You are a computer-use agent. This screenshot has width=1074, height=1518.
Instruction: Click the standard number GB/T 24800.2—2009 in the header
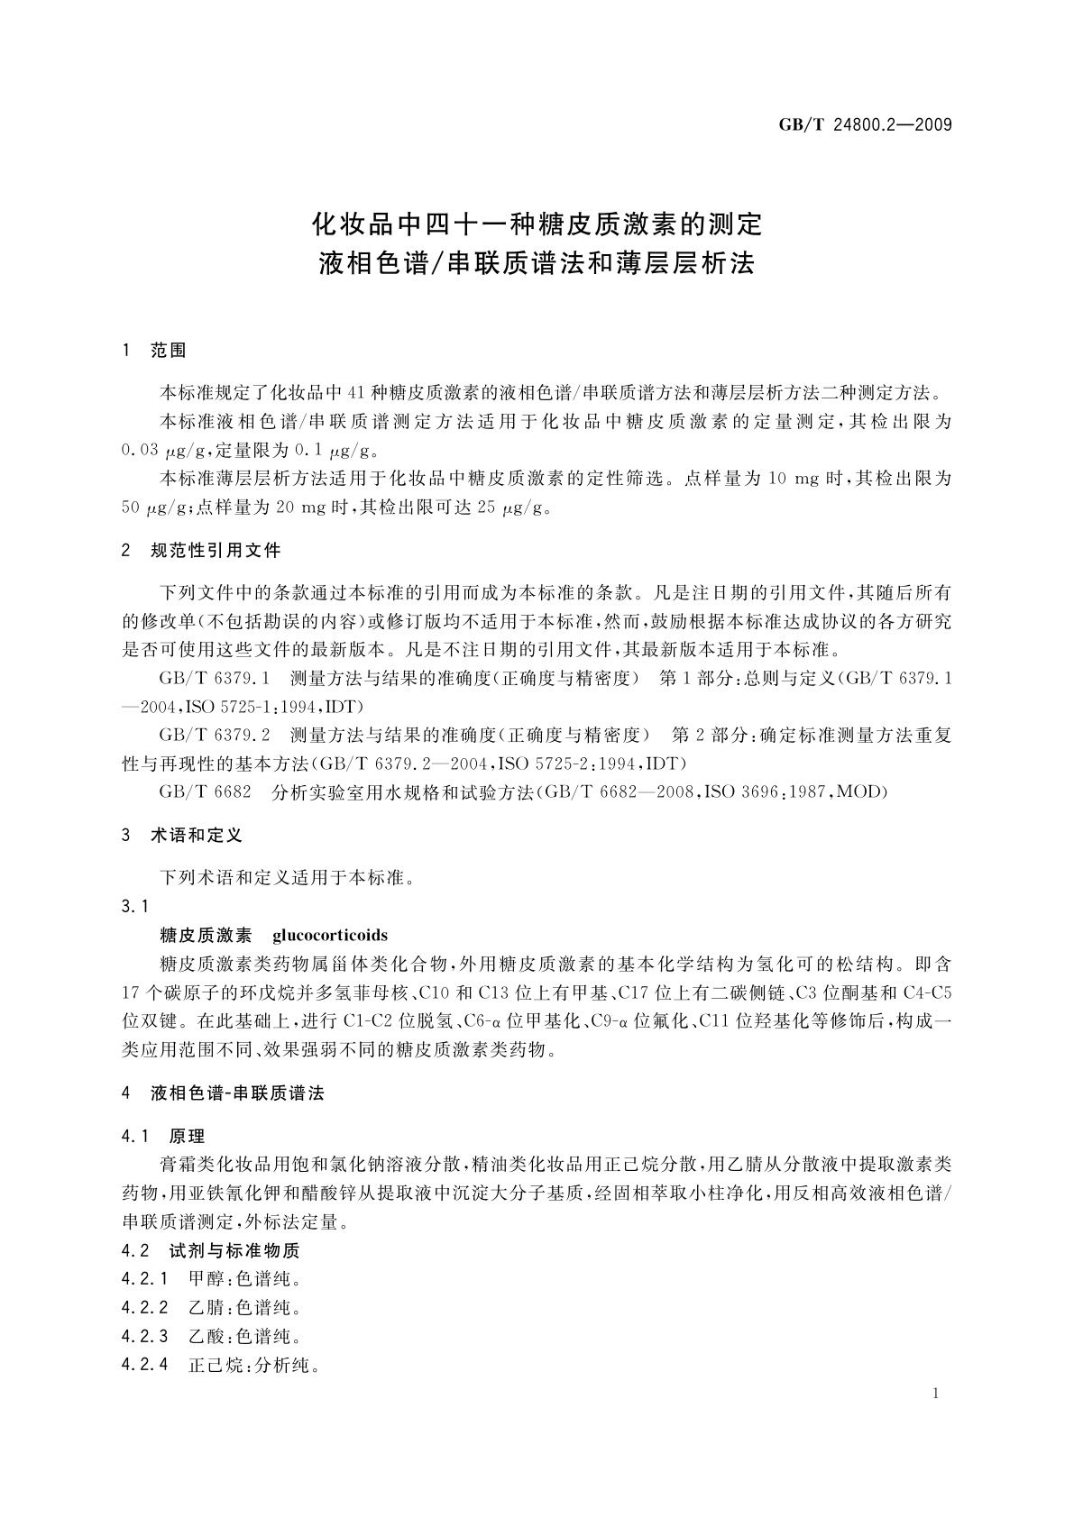coord(865,124)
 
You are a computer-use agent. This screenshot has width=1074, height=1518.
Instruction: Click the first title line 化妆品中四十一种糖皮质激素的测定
coord(537,221)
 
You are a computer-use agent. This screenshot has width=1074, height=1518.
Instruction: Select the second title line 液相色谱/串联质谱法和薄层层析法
coord(537,264)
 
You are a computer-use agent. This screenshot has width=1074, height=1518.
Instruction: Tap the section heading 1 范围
coord(154,351)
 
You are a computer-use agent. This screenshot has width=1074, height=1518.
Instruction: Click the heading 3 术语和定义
coord(182,836)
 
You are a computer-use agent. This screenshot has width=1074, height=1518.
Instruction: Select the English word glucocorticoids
coord(330,935)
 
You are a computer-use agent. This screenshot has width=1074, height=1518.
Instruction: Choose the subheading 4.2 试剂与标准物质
coord(210,1250)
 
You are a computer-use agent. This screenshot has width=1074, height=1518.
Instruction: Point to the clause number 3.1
coord(134,906)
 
